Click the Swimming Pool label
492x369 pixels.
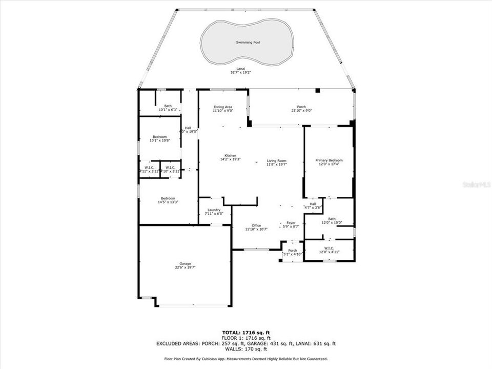point(248,43)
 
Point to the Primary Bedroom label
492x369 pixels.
point(329,160)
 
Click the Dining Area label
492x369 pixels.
point(222,107)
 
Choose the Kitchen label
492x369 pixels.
point(230,155)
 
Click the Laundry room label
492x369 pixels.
point(214,210)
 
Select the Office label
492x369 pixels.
point(256,225)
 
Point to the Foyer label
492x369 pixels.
point(291,223)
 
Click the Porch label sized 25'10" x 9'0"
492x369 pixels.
point(301,107)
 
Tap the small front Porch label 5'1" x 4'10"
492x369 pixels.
point(293,251)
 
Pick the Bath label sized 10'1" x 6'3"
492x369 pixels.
point(168,106)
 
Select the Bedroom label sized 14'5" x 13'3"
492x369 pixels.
point(168,198)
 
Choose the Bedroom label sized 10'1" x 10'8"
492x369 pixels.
point(159,137)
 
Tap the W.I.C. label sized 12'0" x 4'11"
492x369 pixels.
point(329,249)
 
